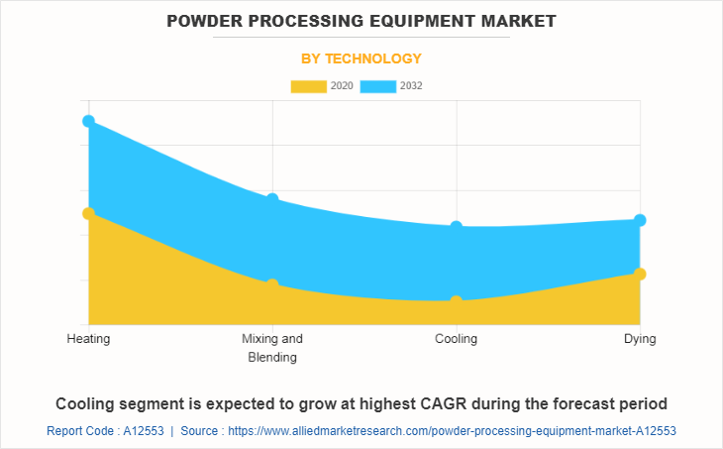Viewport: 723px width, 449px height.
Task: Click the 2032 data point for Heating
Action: tap(88, 121)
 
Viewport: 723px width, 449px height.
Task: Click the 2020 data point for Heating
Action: tap(88, 213)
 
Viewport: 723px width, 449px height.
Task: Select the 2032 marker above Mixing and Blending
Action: tap(272, 199)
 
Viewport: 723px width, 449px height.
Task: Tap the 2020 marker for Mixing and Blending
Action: tap(272, 285)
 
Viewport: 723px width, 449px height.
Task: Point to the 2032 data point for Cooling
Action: tap(456, 227)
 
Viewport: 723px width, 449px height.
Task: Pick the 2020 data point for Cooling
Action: tap(456, 301)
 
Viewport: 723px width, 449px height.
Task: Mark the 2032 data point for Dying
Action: tap(640, 220)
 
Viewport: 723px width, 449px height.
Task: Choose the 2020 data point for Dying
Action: tap(640, 274)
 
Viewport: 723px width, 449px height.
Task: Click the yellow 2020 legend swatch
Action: tap(308, 86)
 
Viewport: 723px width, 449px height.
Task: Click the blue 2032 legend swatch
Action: tap(378, 86)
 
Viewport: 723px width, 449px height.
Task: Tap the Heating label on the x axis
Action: tap(88, 339)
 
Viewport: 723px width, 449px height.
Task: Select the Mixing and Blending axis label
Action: tap(272, 348)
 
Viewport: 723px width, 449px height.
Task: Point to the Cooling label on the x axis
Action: tap(456, 339)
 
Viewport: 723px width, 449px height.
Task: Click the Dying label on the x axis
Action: tap(640, 339)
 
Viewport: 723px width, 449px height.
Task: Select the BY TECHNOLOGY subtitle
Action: tap(361, 58)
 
